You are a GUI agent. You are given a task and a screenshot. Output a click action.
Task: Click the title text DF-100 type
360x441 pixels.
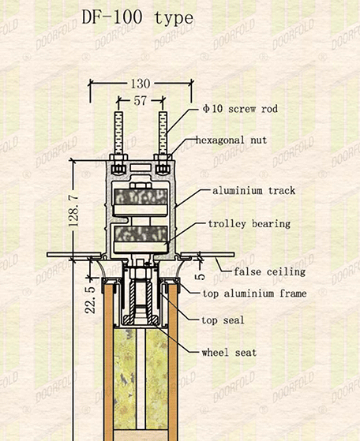tap(137, 18)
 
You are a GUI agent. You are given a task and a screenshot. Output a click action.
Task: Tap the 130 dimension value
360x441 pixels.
tap(141, 84)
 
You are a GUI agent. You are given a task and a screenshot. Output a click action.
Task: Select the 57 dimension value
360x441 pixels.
tap(141, 101)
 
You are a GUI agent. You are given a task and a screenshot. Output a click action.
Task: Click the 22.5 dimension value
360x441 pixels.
tap(90, 300)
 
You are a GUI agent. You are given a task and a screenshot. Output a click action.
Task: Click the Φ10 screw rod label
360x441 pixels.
tap(240, 109)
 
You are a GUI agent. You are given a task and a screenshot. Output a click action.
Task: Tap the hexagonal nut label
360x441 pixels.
tap(231, 140)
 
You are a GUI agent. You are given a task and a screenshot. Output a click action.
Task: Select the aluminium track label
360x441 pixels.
tap(254, 191)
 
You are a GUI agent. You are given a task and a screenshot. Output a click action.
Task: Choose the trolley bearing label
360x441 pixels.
tap(249, 224)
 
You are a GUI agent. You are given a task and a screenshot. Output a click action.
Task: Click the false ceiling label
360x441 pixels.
tap(270, 271)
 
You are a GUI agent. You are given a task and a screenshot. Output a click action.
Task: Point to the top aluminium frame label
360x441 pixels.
tap(255, 293)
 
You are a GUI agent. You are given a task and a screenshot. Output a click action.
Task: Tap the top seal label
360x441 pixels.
tap(223, 320)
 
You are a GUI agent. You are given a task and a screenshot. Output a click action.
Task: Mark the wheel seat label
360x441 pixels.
tap(229, 353)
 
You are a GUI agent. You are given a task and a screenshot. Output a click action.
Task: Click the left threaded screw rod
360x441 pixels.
tap(118, 133)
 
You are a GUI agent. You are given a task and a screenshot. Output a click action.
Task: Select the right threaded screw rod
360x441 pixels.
tap(163, 133)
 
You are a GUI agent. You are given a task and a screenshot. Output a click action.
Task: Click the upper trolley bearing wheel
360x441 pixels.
tap(141, 201)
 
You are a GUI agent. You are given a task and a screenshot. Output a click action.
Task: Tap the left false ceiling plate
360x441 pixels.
tap(74, 255)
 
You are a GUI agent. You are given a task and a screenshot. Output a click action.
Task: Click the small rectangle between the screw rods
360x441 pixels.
tap(141, 168)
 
